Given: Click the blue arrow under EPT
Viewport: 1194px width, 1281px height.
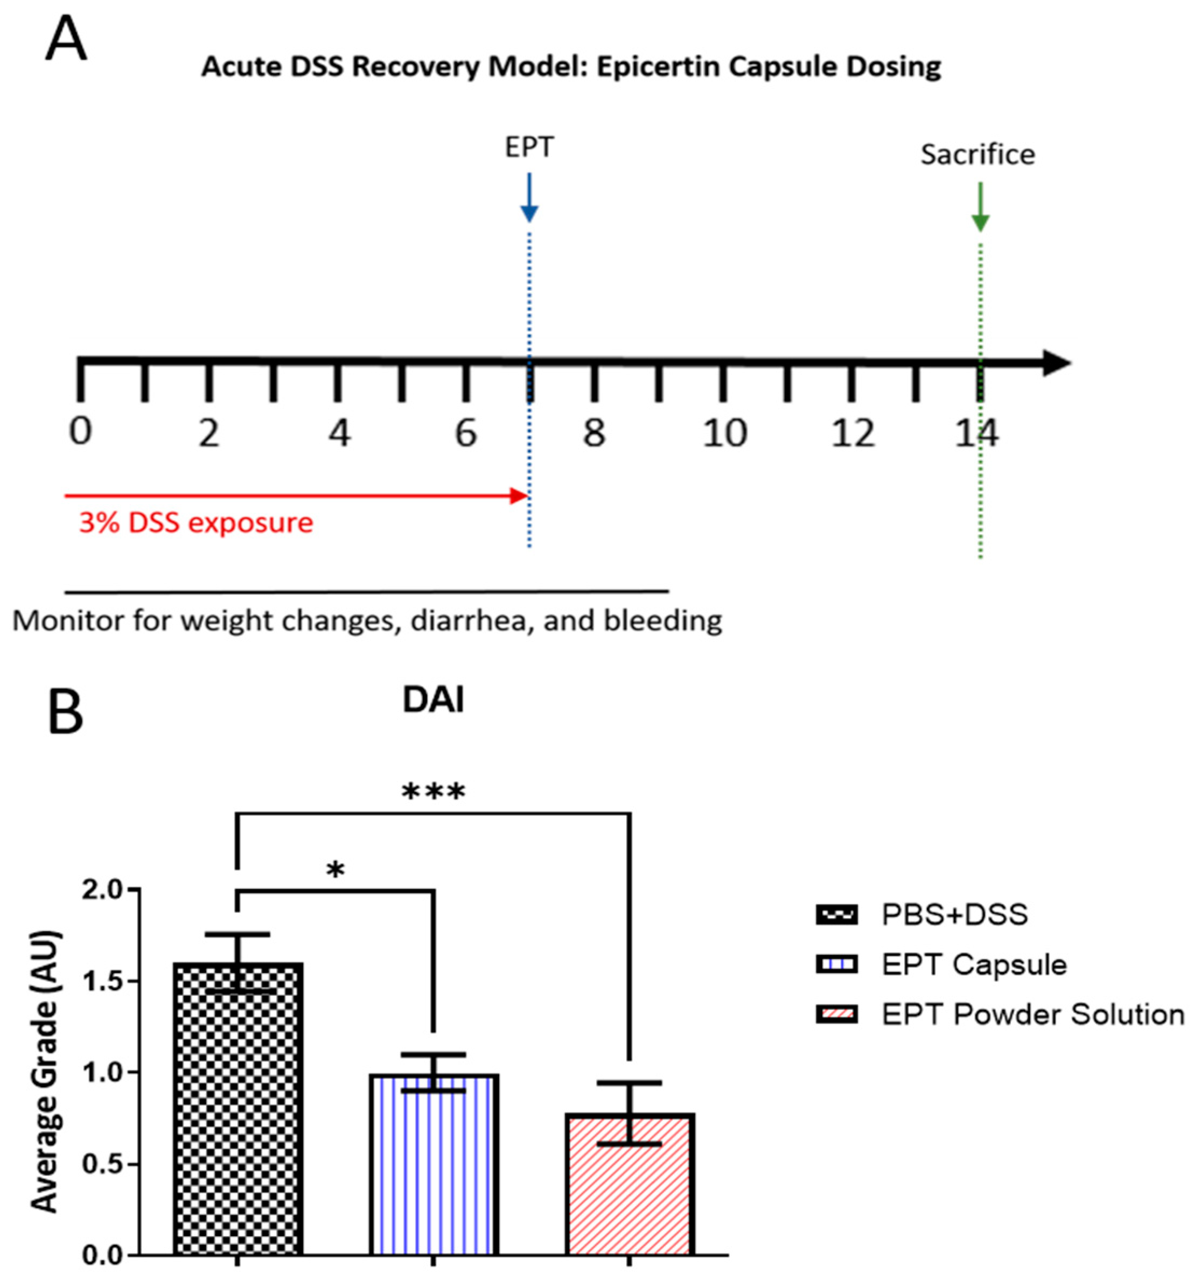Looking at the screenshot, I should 529,197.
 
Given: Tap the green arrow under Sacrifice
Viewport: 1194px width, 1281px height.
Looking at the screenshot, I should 980,206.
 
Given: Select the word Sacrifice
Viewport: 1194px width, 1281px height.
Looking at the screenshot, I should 977,155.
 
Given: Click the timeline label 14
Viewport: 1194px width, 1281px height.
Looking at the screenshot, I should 977,433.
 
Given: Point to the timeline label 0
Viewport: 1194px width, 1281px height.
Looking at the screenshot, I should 81,432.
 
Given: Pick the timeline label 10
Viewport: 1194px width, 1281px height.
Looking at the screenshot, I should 724,433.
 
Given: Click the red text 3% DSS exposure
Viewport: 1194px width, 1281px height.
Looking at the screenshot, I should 196,523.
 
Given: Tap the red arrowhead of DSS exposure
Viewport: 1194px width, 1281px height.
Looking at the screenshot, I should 519,495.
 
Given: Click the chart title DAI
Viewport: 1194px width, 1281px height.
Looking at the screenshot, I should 433,701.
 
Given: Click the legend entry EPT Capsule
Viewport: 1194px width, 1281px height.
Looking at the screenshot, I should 974,964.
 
